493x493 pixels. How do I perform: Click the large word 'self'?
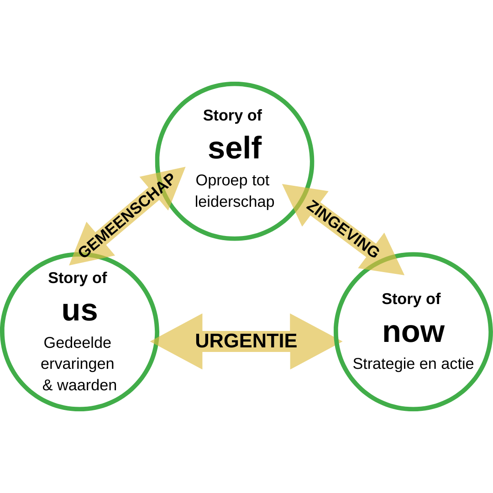[x=235, y=148]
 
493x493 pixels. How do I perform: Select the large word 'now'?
[x=413, y=332]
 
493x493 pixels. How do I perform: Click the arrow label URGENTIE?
[x=246, y=341]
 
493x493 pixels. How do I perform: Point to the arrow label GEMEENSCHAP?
[x=126, y=215]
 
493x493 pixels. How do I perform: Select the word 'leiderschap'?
[x=235, y=202]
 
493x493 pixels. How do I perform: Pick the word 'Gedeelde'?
[x=78, y=342]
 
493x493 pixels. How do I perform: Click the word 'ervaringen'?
[x=78, y=364]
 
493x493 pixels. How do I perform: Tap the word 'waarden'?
[x=87, y=385]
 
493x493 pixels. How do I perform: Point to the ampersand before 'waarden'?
[x=47, y=386]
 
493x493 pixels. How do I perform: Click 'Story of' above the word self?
[x=232, y=115]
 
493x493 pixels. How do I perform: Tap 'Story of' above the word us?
[x=78, y=278]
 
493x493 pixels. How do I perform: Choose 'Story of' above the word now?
[x=411, y=299]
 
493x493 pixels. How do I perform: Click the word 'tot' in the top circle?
[x=261, y=180]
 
